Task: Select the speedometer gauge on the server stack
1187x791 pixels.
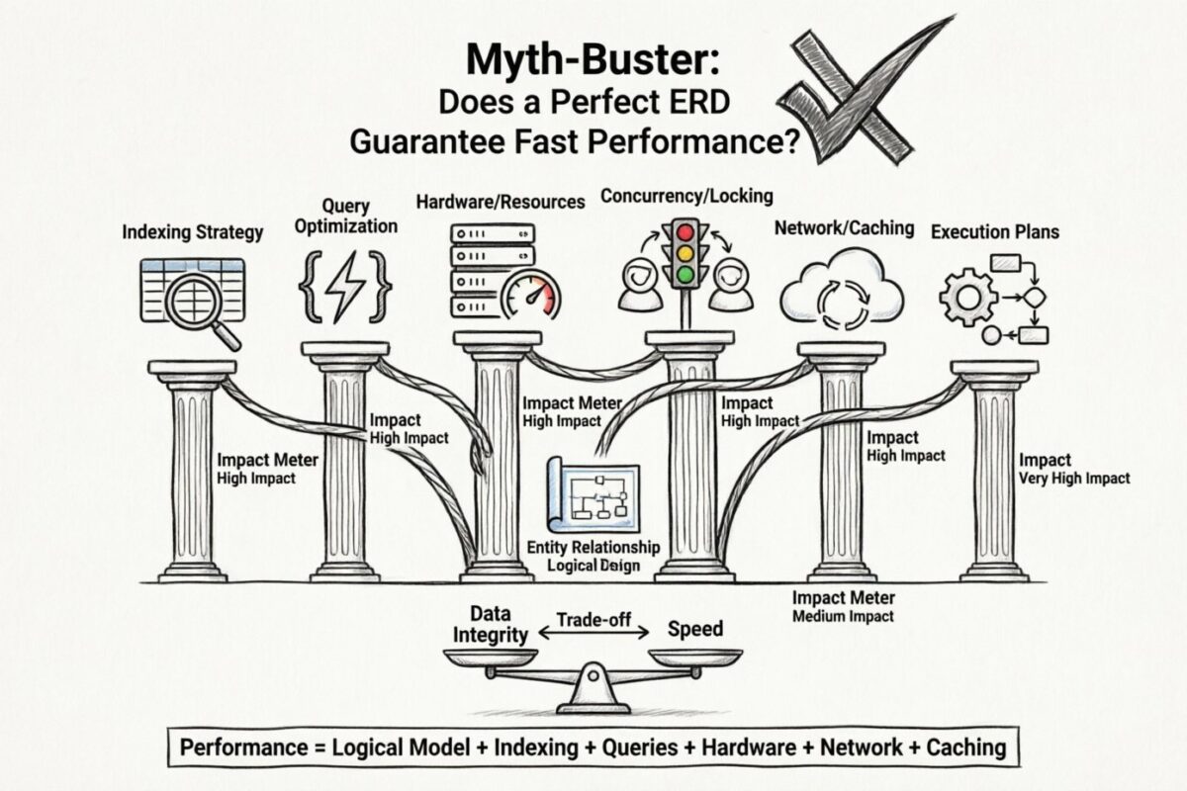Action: (529, 296)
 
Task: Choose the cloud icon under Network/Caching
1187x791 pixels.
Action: (841, 288)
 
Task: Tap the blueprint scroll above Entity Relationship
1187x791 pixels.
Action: (593, 499)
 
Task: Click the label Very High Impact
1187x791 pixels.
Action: (1073, 479)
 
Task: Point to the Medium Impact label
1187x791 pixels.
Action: (844, 616)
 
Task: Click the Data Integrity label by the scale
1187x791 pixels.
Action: (491, 624)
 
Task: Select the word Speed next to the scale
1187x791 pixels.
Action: (694, 628)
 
